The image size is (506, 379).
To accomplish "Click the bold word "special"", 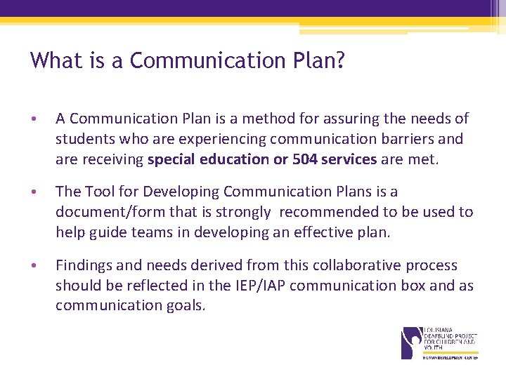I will click(173, 159).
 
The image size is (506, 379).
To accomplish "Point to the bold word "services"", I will click(349, 159).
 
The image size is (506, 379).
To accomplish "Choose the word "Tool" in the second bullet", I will click(100, 192).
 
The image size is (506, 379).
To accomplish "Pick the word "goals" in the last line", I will click(186, 306).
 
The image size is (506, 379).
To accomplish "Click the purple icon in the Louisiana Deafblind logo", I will click(411, 342).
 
